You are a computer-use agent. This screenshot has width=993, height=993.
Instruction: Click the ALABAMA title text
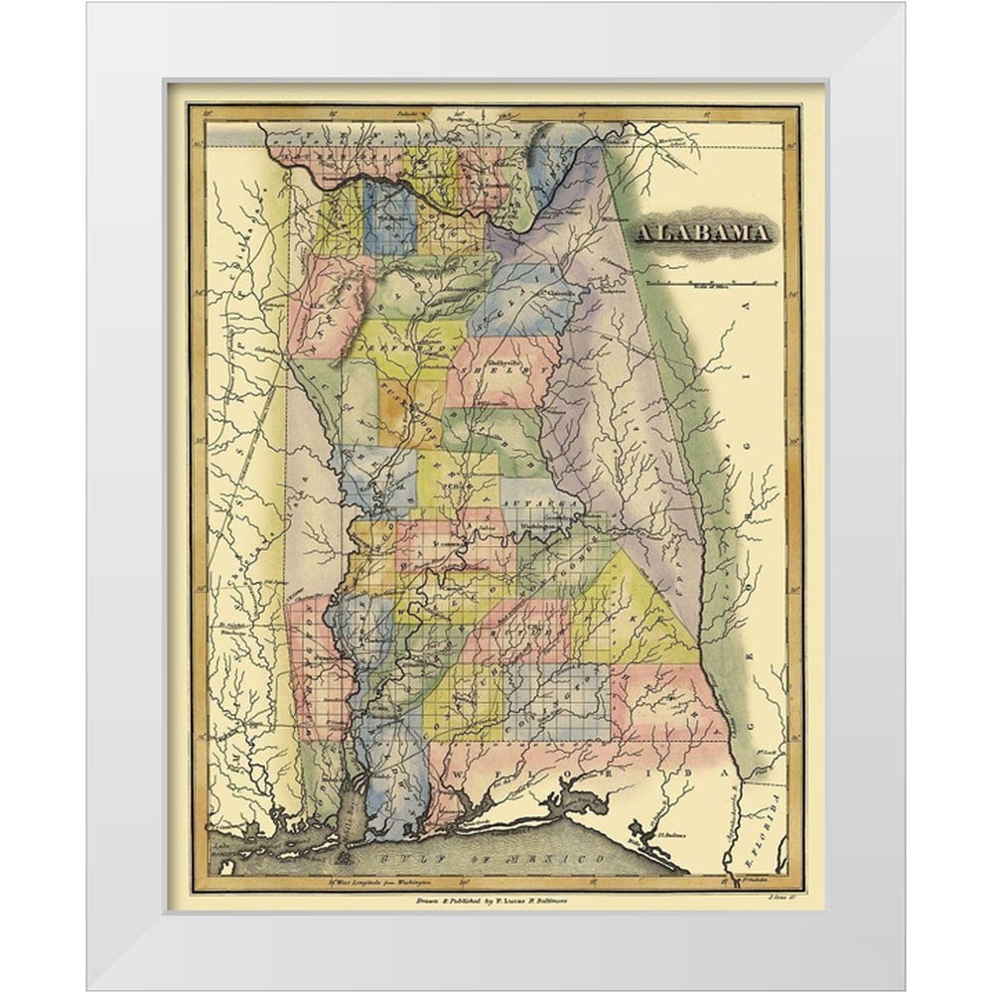point(702,234)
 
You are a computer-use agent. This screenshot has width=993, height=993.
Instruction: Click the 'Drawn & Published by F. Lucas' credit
point(492,900)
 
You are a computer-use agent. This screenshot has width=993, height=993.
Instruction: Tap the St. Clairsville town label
point(558,293)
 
